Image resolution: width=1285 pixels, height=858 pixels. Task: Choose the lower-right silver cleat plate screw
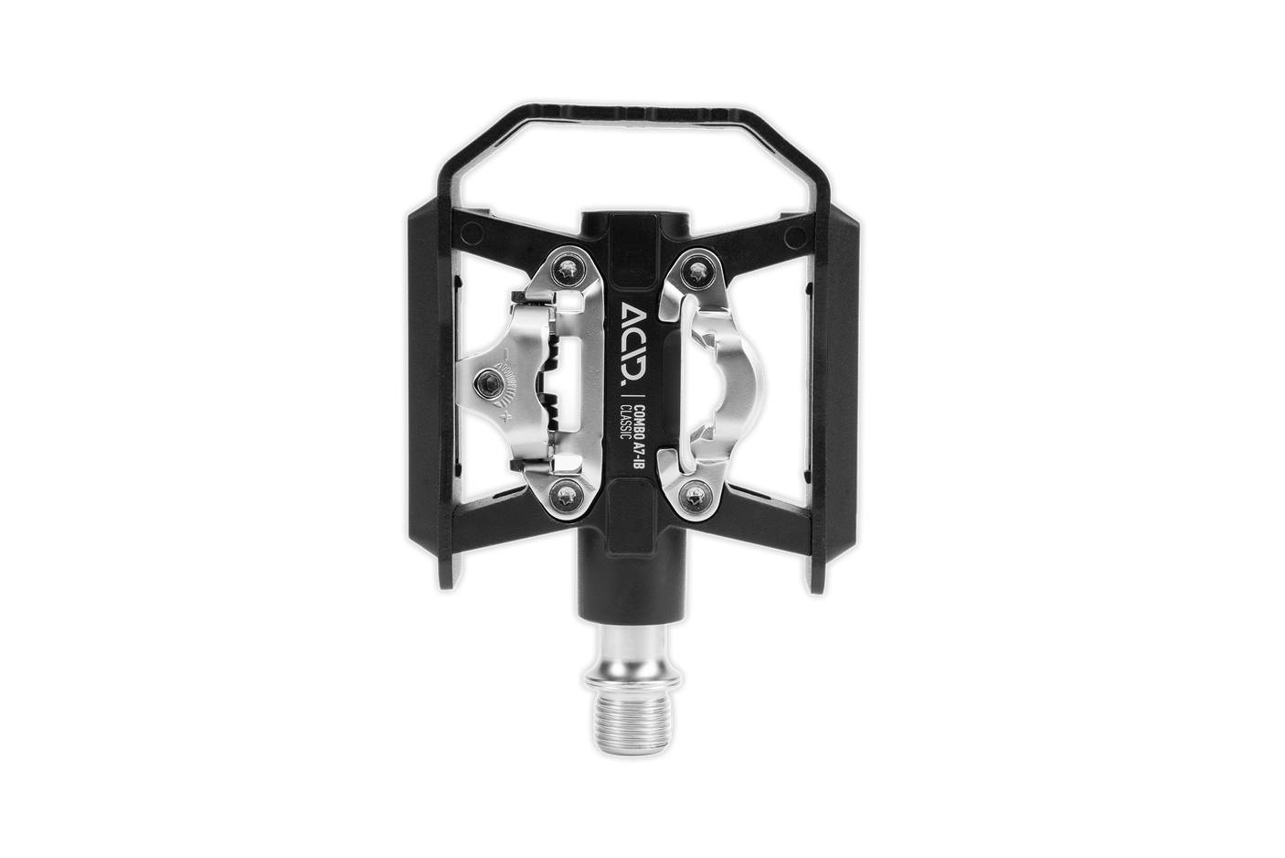click(x=697, y=497)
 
